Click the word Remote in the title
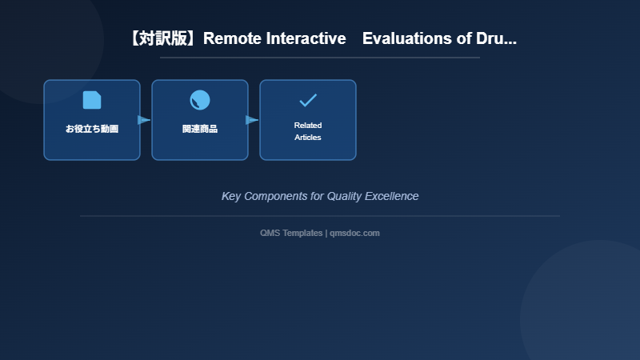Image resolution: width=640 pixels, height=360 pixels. point(230,38)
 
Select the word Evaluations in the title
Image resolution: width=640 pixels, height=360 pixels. point(407,38)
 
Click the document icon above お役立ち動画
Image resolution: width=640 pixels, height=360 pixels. point(92,100)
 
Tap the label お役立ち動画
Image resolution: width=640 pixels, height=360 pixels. point(92,129)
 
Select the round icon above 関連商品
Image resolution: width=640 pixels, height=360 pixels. point(200,100)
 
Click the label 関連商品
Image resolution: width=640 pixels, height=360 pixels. point(200,129)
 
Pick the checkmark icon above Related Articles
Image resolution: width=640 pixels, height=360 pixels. point(308,100)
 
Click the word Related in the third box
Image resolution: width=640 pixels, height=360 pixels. point(308,126)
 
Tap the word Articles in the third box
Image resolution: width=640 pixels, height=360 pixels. point(308,138)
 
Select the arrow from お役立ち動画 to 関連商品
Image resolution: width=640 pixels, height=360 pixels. point(144,120)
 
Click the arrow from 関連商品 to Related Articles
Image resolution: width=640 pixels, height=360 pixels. point(252,120)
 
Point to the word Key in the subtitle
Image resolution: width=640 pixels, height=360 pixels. point(231,196)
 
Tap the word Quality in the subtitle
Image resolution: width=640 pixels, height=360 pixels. point(346,196)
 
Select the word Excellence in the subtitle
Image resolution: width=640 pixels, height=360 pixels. point(394,196)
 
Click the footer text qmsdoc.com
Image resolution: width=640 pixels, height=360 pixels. point(354,233)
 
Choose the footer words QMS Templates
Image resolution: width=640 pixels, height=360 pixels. point(291,233)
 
